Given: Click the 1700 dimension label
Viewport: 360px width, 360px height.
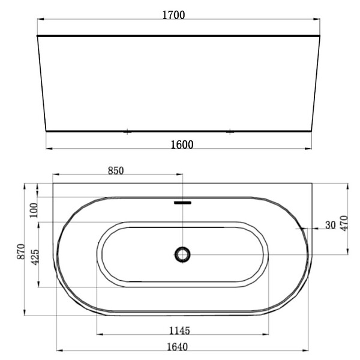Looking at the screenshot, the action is point(173,15).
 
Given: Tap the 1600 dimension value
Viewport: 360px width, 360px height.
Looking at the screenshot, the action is point(182,145).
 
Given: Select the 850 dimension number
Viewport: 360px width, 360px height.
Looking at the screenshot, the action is point(116,170).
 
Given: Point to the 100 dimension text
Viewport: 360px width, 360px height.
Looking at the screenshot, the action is point(34,211).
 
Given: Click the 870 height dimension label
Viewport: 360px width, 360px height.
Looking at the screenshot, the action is point(21,252).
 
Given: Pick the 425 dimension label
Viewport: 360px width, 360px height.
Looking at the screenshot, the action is point(35,257).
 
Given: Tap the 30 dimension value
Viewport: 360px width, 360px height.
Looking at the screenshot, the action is point(331,225).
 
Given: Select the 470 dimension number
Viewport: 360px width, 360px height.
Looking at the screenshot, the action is point(344,223).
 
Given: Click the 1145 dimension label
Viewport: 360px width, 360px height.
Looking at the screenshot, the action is point(179,331).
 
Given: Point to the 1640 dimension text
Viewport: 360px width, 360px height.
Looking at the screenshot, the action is point(177,347).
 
